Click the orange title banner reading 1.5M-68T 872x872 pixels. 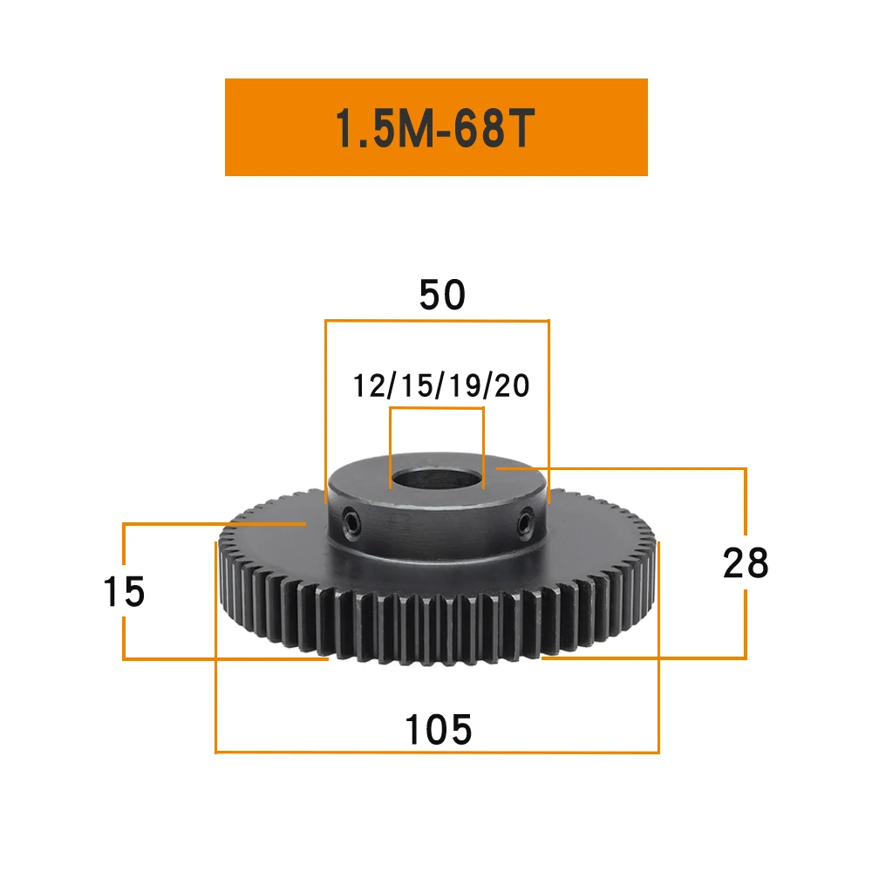point(436,127)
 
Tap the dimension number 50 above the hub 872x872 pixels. point(442,295)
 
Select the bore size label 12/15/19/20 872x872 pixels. point(441,386)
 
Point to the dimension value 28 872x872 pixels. point(746,562)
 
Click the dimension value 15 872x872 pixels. point(124,591)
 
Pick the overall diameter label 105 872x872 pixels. point(439,729)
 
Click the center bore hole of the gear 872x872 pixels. point(437,478)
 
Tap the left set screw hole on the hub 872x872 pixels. point(351,522)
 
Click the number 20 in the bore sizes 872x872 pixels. point(512,386)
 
